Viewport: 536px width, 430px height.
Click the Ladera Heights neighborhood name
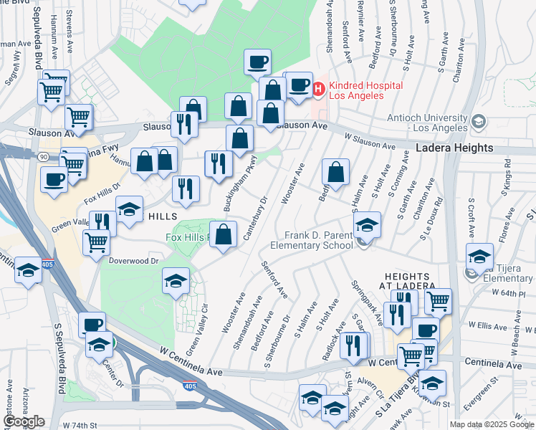coord(455,148)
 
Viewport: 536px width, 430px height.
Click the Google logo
coord(24,421)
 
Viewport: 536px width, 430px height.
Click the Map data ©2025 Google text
coord(492,424)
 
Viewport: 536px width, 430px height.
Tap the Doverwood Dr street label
coord(133,261)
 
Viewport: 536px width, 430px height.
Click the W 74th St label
coord(80,425)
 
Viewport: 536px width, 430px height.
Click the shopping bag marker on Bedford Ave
coord(335,172)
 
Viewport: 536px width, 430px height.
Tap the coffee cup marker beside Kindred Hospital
coord(300,86)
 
